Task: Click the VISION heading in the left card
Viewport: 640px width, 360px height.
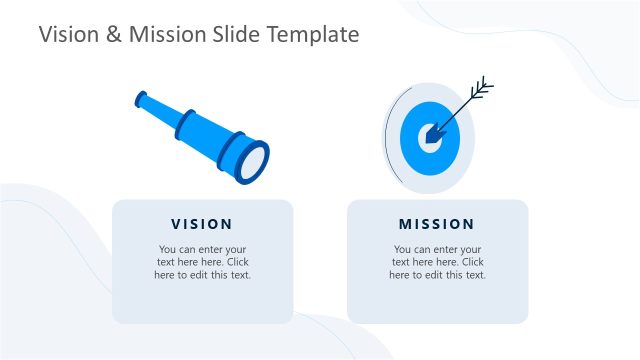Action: point(202,224)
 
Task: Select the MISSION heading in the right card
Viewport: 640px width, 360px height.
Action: point(437,224)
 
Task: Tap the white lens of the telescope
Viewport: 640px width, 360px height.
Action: point(254,161)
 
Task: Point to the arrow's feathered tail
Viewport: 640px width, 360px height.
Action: point(482,89)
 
